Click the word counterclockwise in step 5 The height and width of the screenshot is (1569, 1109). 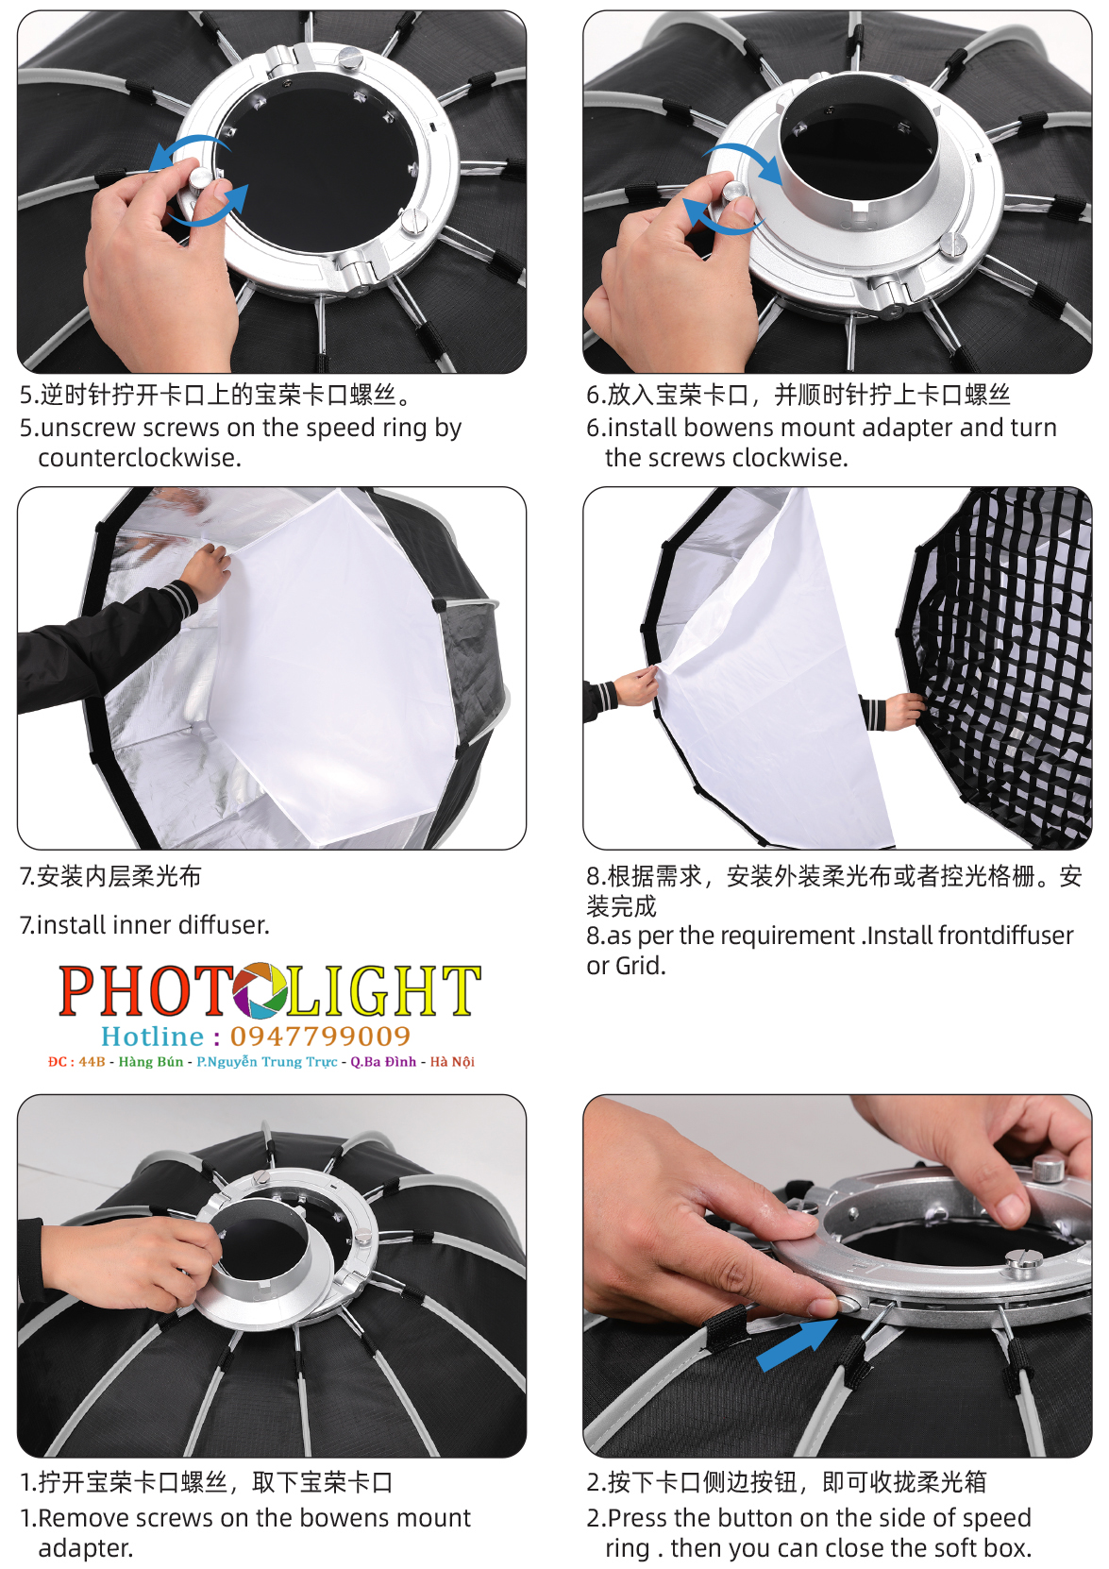140,458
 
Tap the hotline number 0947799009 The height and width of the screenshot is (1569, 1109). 320,1036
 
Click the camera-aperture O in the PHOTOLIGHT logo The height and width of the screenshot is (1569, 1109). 259,990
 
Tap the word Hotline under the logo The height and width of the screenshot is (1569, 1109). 152,1036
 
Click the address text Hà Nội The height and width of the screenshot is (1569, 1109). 451,1062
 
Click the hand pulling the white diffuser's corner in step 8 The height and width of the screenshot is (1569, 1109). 636,686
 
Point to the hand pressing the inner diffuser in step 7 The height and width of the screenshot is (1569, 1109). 207,571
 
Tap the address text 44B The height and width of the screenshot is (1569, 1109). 92,1062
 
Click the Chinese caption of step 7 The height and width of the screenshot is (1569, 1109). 110,875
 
